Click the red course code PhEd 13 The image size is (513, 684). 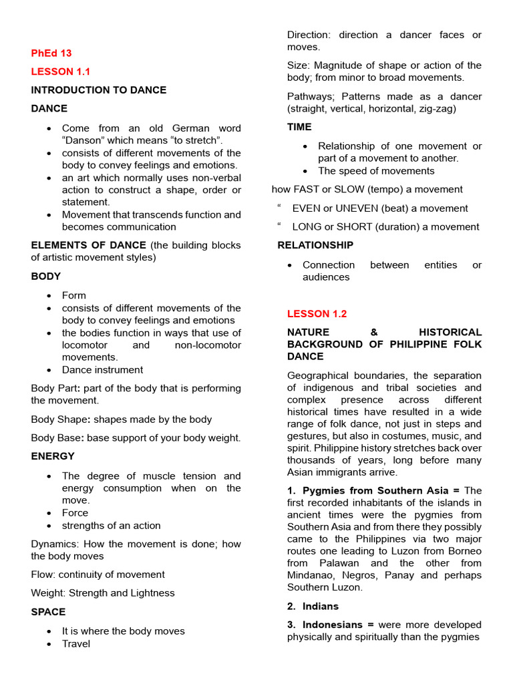click(x=51, y=53)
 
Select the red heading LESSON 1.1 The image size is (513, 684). click(x=60, y=71)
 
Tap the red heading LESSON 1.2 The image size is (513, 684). click(x=317, y=314)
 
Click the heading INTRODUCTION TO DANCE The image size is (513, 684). click(x=99, y=90)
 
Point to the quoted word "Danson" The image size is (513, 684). click(x=82, y=140)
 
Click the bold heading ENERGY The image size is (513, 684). click(x=53, y=457)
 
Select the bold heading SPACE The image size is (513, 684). click(x=48, y=612)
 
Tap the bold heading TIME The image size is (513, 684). click(x=299, y=127)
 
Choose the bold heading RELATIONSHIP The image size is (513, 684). click(x=315, y=245)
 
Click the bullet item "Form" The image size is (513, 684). click(x=73, y=295)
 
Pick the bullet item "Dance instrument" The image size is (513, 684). click(x=102, y=370)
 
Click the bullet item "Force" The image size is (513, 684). click(x=75, y=513)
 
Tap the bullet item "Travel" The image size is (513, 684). click(x=76, y=644)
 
